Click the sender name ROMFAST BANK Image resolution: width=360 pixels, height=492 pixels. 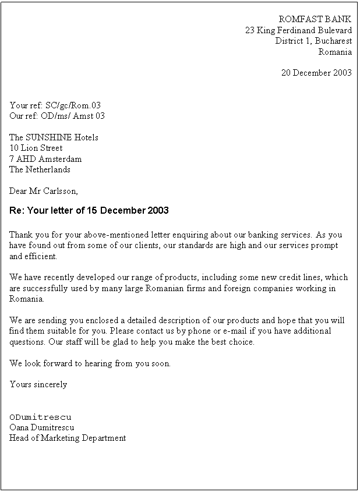[x=315, y=19]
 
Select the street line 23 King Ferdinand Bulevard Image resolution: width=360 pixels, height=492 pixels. [x=298, y=30]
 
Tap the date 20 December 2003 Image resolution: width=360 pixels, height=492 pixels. [x=316, y=73]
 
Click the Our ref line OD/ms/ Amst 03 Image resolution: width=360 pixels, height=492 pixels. [x=57, y=116]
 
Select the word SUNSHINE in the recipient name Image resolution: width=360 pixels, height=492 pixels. [x=50, y=137]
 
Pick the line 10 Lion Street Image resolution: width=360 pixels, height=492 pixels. [x=36, y=148]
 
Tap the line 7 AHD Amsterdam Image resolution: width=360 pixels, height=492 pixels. [x=45, y=158]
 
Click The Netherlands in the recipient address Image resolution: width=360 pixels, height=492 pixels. [x=40, y=169]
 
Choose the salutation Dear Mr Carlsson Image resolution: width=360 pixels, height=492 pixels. [x=44, y=190]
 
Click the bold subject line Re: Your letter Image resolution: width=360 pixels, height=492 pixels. [x=89, y=210]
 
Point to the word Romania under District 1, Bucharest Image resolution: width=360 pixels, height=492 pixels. [x=335, y=51]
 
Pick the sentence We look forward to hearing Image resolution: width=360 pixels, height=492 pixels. [x=90, y=363]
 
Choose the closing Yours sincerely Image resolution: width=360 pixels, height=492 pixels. [x=38, y=384]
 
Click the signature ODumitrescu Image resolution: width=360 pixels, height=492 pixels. [x=40, y=417]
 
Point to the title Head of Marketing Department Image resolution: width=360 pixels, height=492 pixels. [x=68, y=438]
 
